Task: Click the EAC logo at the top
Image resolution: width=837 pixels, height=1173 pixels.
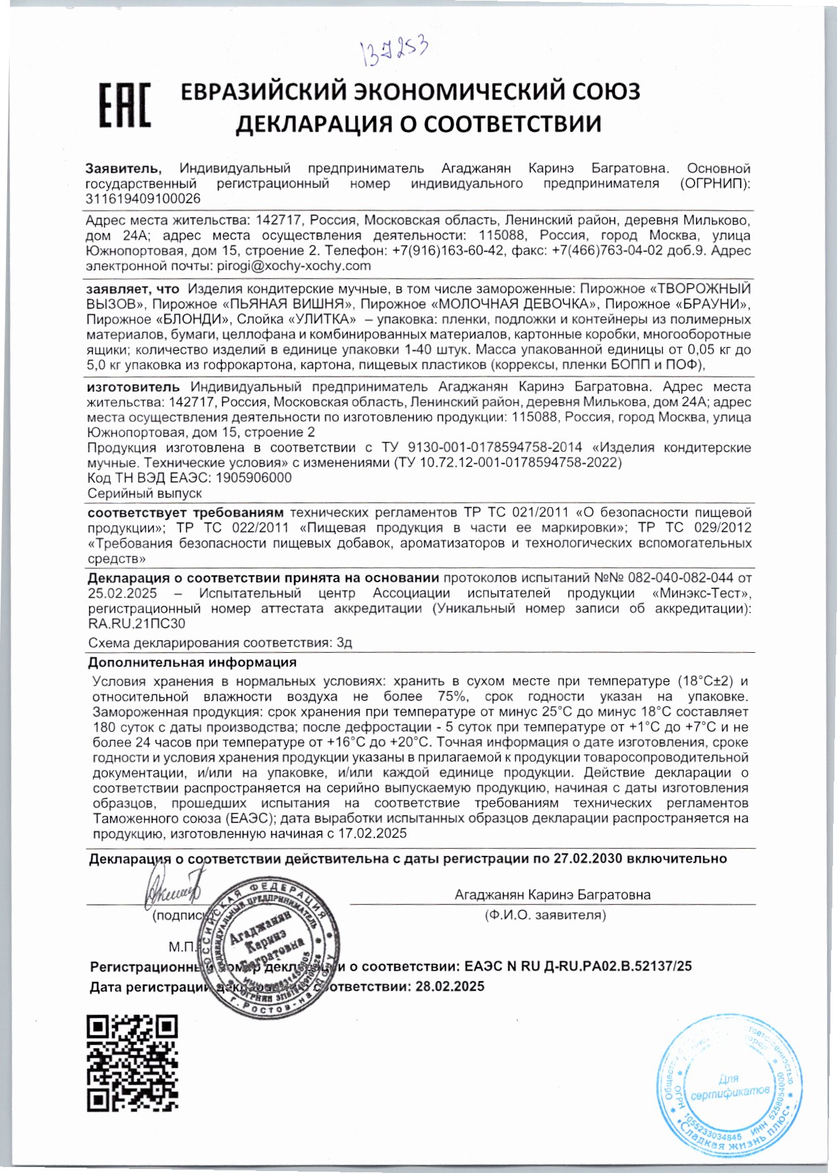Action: [x=124, y=105]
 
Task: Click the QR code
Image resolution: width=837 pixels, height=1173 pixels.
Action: [x=132, y=1063]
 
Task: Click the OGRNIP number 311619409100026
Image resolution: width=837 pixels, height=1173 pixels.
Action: [x=143, y=198]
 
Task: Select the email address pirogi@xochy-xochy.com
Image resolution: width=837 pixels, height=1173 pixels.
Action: [x=293, y=266]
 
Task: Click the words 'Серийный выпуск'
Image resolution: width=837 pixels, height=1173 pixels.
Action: [x=145, y=493]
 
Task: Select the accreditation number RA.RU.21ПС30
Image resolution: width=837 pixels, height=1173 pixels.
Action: [x=136, y=623]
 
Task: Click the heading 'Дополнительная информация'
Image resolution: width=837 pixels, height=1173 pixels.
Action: [x=192, y=662]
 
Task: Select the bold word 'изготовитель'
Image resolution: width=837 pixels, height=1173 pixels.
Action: [x=133, y=387]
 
